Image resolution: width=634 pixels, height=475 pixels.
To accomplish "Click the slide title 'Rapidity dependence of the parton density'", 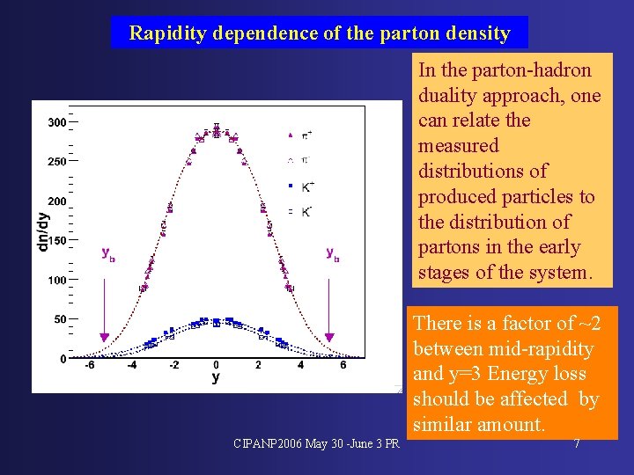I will [319, 33].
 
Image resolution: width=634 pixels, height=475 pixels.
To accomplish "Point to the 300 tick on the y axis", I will [56, 122].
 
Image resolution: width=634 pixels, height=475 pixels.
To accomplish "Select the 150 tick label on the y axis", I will [56, 240].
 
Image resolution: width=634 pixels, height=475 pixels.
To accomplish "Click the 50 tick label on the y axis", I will [59, 319].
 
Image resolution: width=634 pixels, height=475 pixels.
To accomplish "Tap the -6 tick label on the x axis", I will [88, 365].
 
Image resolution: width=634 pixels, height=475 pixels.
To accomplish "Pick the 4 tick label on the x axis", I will [300, 365].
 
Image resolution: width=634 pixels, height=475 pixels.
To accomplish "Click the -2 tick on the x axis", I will [173, 365].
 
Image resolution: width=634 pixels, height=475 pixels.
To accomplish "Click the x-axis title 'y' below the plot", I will [216, 378].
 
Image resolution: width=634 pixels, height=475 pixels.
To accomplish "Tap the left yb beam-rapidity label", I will [108, 253].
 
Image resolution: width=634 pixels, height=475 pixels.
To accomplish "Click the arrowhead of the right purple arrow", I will [330, 337].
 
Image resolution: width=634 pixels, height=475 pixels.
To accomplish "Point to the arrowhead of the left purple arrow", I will [104, 337].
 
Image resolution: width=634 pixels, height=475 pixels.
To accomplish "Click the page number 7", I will [577, 443].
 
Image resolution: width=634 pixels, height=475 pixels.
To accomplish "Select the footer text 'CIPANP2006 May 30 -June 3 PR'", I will [316, 442].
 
